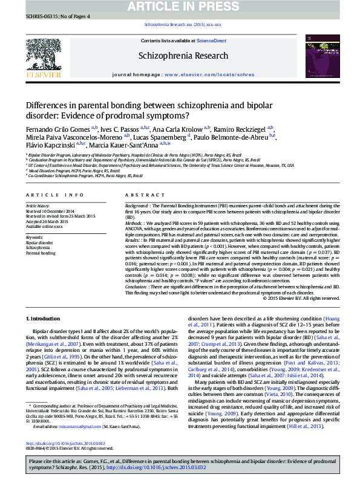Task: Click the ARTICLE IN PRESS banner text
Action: coord(180,7)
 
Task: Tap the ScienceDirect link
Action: coord(212,41)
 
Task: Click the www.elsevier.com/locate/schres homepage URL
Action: coord(209,74)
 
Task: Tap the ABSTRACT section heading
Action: coord(141,195)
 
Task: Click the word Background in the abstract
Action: coord(137,206)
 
